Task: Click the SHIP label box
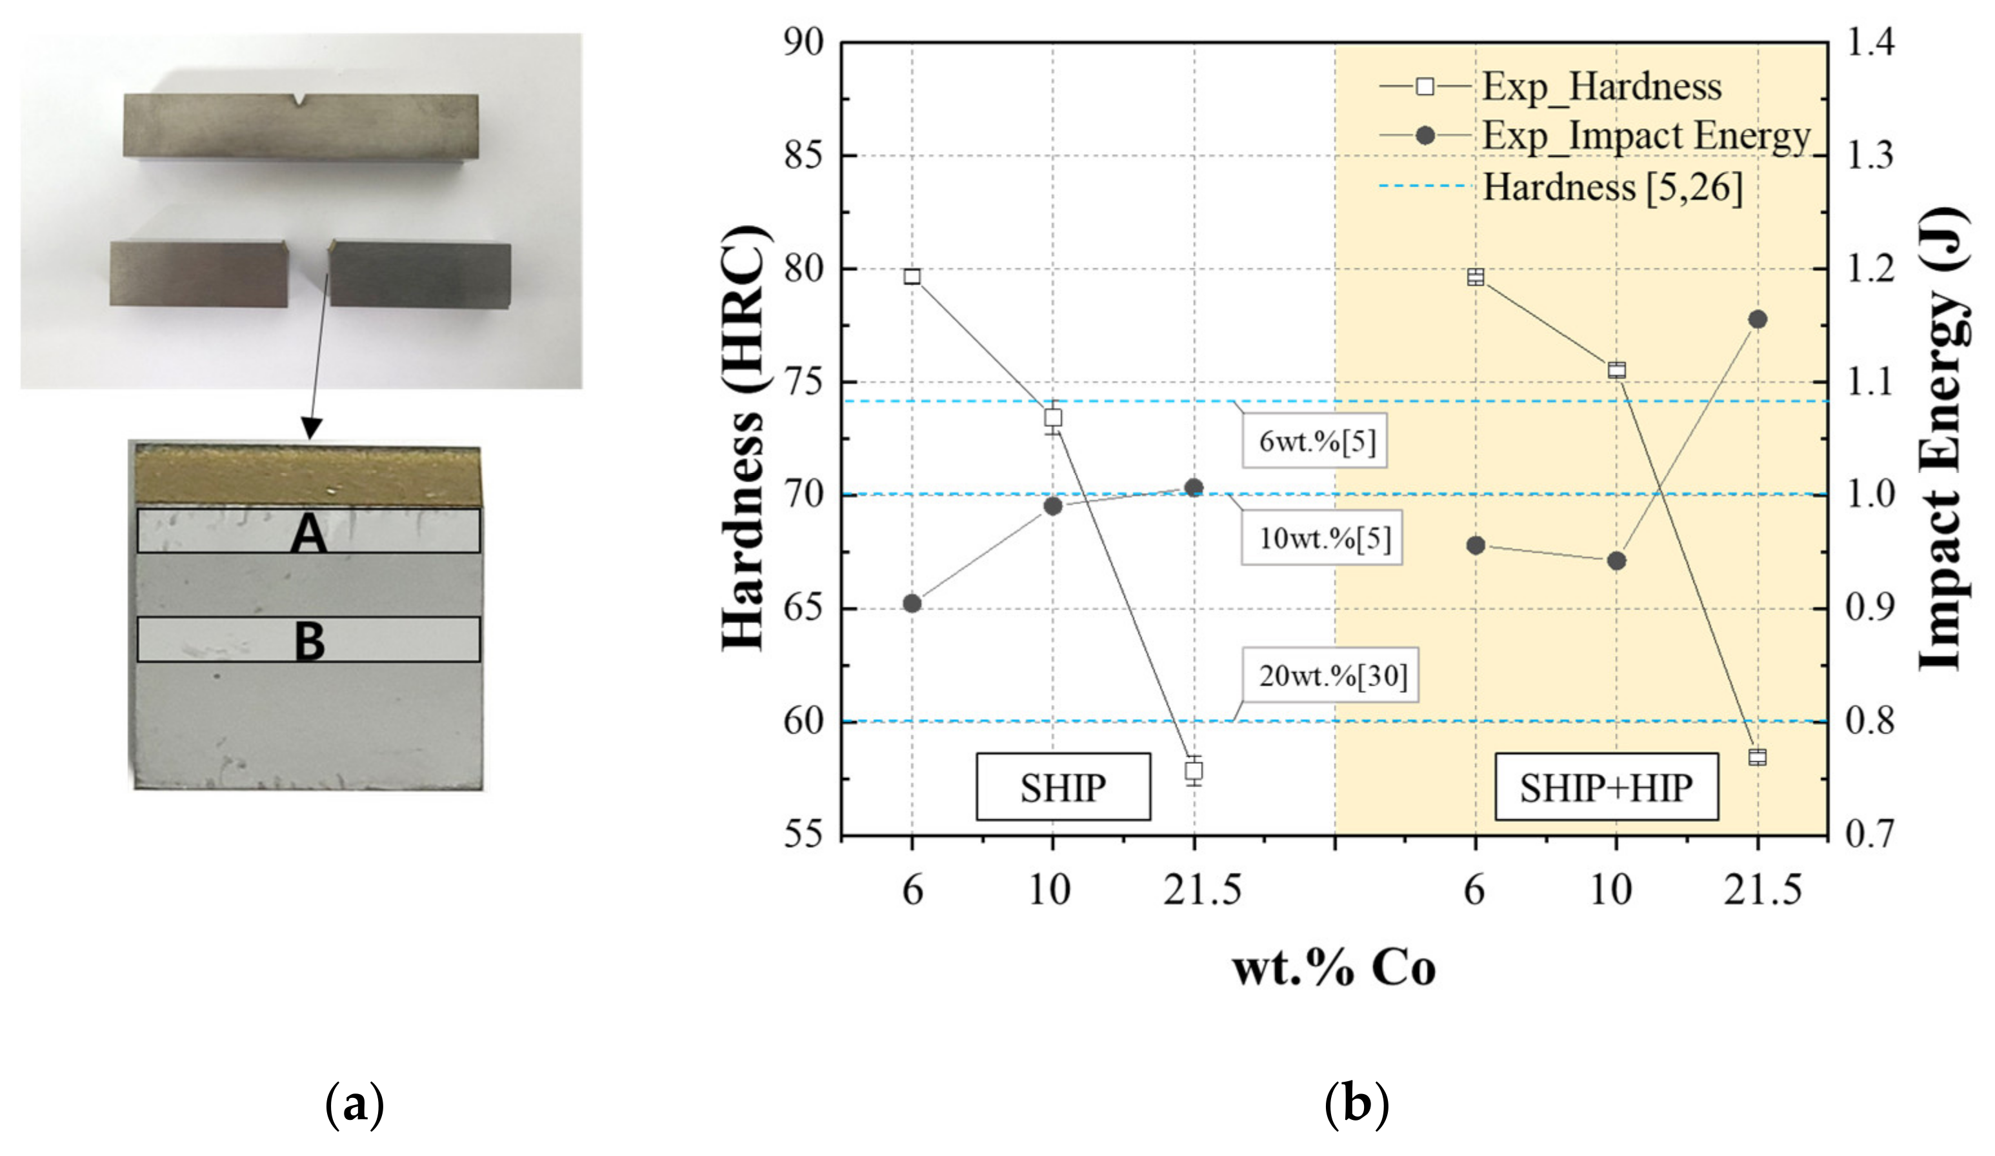(x=1063, y=786)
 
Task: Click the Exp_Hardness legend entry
(x=1552, y=86)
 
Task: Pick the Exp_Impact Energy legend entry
(x=1595, y=136)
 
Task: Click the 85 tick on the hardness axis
(x=803, y=156)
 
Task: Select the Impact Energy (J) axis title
(x=1943, y=439)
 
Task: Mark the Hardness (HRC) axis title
(x=744, y=439)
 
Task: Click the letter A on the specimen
(x=309, y=535)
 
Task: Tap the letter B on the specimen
(x=309, y=642)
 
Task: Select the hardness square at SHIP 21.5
(x=1194, y=770)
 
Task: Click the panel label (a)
(x=355, y=1104)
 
